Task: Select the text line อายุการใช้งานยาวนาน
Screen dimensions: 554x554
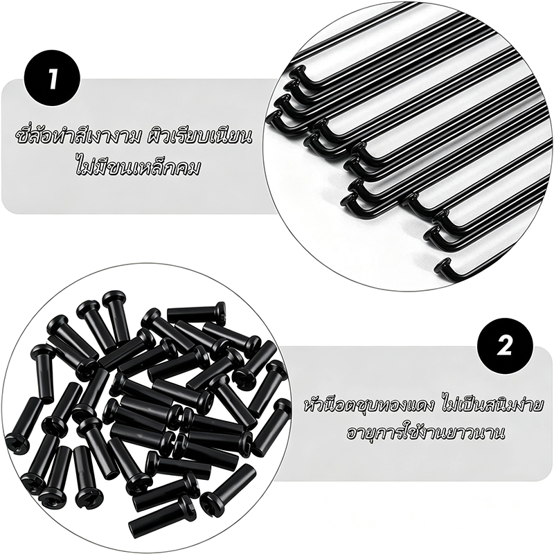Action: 425,434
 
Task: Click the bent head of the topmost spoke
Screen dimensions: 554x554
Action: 298,73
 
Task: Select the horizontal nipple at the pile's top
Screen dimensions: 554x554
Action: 196,312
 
